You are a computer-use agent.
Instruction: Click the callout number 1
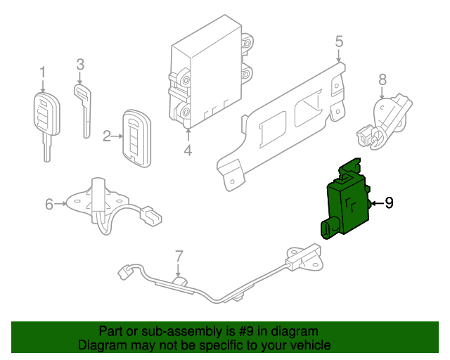point(42,72)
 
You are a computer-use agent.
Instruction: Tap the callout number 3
point(80,65)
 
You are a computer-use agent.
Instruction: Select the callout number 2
point(108,136)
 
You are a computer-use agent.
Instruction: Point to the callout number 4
point(188,150)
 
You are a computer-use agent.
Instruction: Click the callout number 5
point(339,41)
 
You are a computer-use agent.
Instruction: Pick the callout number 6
point(49,204)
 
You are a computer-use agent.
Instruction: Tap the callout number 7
point(179,256)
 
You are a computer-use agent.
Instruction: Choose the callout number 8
point(382,79)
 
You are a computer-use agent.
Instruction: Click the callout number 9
point(388,203)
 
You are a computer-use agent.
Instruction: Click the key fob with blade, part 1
point(44,120)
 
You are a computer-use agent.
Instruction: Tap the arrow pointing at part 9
point(375,203)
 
